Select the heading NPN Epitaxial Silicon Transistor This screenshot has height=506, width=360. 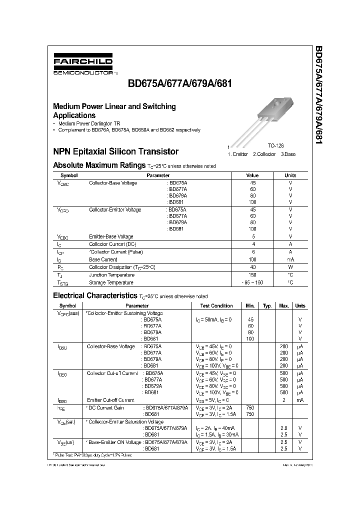coord(115,151)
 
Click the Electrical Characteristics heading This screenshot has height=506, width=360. coord(94,295)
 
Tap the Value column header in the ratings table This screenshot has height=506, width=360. coord(252,175)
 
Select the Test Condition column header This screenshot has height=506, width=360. coord(216,305)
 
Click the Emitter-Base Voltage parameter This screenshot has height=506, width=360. coord(111,236)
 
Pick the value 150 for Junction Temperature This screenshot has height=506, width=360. coord(252,275)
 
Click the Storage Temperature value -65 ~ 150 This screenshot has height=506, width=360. coord(252,282)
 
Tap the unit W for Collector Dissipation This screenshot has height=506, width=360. coord(290,267)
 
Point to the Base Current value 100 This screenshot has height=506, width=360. coord(252,259)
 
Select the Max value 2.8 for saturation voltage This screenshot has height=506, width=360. coord(283,428)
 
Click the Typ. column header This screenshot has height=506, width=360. coord(267,305)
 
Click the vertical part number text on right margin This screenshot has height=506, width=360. coord(318,95)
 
